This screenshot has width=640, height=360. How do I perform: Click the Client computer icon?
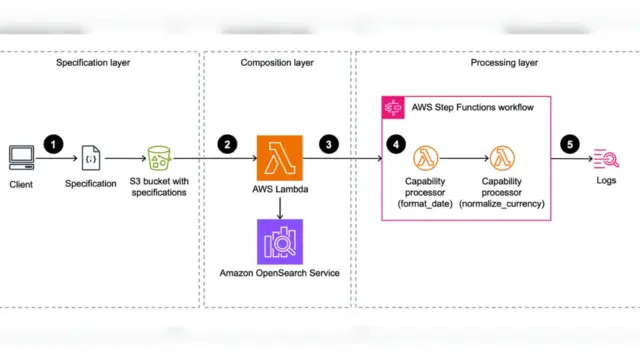pos(22,158)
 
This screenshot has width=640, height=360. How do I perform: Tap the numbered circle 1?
pos(53,144)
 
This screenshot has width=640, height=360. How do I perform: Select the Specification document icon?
pos(91,158)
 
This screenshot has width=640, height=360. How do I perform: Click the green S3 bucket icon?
pos(159,158)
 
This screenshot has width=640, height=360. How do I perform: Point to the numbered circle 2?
pos(227,144)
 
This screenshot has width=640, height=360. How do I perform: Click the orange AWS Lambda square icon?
pos(280,158)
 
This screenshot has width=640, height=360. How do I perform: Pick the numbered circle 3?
pos(329,144)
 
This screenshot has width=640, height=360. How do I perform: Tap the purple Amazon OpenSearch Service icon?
pos(280,242)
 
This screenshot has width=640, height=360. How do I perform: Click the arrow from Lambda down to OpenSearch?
pos(280,208)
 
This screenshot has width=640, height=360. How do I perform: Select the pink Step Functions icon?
pos(393,108)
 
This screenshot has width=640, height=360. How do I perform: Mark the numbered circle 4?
pos(396,144)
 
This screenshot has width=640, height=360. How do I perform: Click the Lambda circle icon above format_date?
pos(425,158)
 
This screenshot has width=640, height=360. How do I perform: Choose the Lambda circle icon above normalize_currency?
pos(502,158)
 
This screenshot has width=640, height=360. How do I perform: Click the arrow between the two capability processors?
pos(464,158)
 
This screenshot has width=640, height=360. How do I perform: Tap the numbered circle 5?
pos(570,144)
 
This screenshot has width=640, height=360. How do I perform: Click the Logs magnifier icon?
pos(606,158)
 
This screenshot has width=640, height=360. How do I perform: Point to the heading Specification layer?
pos(93,63)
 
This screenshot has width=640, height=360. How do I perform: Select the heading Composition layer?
pos(277,63)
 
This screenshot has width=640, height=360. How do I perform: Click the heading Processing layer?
pos(504,63)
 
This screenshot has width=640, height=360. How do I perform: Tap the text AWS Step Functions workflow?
pos(473,107)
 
